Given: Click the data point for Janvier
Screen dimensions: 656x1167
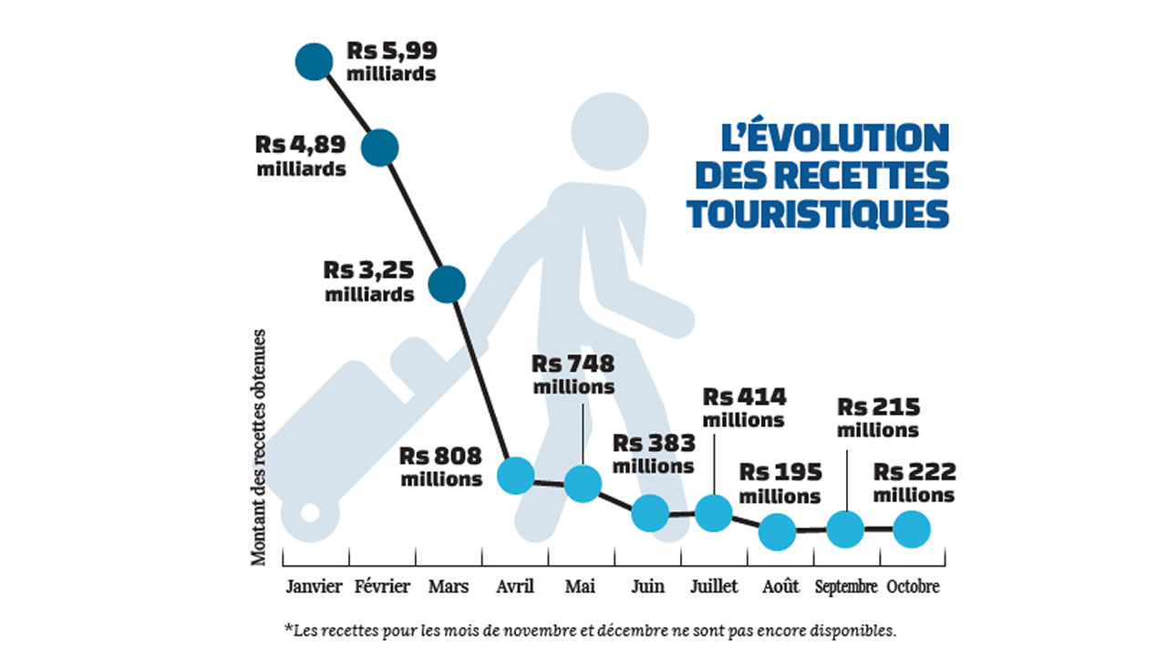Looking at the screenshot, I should tap(315, 62).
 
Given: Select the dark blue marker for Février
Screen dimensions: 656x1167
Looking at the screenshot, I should tap(380, 147).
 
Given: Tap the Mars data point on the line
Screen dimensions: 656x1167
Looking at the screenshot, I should tap(447, 284).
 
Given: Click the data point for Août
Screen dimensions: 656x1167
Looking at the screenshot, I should tap(778, 531).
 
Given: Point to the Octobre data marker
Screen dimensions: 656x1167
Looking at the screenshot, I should tap(911, 528).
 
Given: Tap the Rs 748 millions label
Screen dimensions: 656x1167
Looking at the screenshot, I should tap(573, 374).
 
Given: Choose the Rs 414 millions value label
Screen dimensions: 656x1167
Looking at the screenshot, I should tap(744, 408).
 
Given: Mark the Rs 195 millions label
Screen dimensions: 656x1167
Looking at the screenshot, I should tap(780, 484).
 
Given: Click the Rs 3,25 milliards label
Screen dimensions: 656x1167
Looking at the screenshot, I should tap(370, 282).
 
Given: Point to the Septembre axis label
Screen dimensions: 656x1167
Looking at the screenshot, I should tap(846, 586).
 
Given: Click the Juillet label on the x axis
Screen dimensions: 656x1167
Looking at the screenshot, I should tap(715, 586).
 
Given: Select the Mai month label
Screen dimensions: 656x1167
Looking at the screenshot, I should tap(581, 586).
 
